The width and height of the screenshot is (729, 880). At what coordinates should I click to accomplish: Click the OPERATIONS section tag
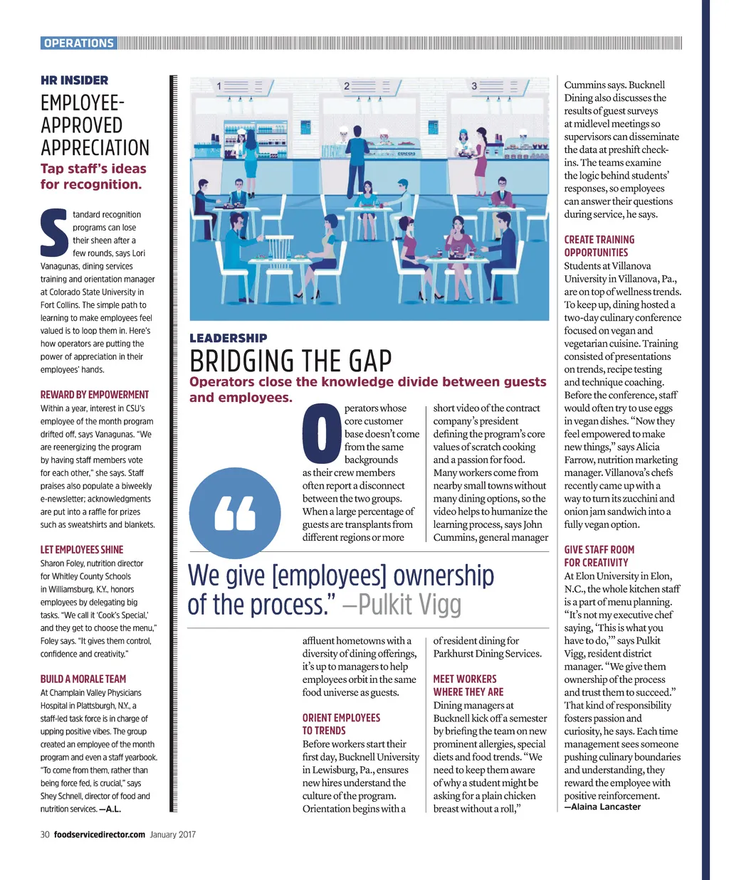[78, 43]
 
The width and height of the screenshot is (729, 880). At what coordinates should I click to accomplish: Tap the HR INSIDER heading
[75, 80]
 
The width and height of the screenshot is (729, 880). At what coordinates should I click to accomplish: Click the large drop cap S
[54, 233]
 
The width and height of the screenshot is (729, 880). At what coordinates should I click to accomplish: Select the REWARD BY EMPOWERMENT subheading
[95, 395]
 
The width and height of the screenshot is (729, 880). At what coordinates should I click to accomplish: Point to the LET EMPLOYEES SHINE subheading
[82, 550]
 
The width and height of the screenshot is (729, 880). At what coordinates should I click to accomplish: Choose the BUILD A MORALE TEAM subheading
[83, 679]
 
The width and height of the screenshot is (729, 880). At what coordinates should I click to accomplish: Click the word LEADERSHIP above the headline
[229, 339]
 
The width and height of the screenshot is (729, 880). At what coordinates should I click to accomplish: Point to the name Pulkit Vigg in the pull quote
[409, 605]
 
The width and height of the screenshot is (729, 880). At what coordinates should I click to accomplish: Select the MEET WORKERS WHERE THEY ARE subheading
[468, 685]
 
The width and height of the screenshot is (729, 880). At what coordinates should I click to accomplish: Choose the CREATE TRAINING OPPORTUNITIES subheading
[599, 246]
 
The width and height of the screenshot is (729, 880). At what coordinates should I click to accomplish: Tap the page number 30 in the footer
[45, 834]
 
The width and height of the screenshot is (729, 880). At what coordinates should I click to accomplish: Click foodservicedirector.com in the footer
[100, 834]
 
